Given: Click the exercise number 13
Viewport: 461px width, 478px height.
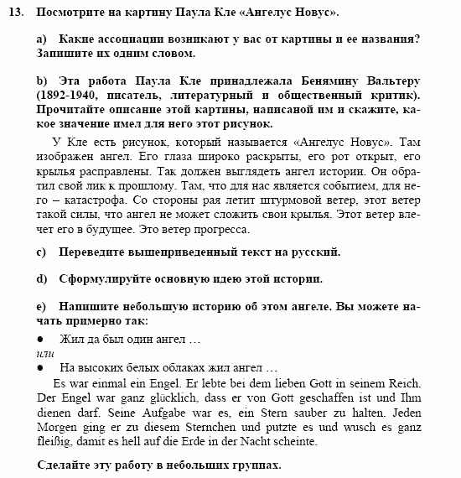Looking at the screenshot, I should coord(18,14).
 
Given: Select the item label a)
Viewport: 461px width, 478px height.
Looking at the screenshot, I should coord(43,39).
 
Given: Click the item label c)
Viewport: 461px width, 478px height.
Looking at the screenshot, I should coord(43,252).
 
